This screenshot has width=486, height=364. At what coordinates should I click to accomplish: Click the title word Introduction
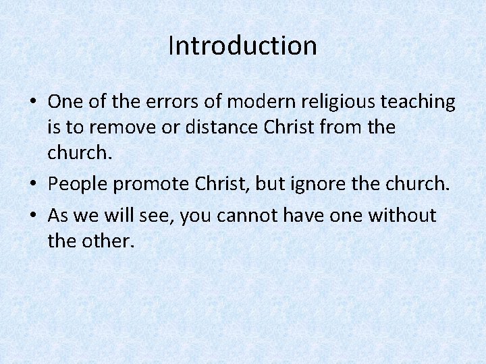[x=242, y=46]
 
